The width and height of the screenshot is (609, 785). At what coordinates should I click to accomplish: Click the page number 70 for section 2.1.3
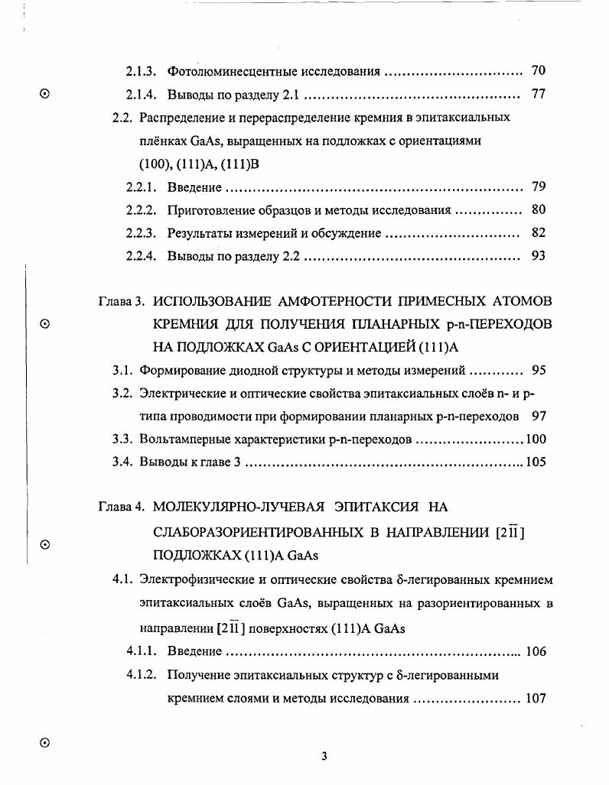point(538,72)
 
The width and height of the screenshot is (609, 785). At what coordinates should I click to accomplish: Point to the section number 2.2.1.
point(142,187)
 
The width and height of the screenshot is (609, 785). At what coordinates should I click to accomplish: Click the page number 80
point(538,210)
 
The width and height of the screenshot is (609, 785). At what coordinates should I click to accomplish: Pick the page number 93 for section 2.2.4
point(538,256)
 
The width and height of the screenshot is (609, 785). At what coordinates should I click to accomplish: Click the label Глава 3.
point(122,301)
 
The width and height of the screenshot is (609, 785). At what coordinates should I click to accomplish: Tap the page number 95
point(539,370)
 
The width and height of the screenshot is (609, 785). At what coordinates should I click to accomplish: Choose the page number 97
point(539,416)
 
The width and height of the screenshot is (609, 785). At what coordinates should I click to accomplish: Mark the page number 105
point(536,462)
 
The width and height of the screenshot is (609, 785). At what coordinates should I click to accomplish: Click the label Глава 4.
point(122,507)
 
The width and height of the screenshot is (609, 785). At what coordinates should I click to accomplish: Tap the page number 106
point(536,652)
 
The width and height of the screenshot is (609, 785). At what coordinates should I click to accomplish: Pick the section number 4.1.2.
point(142,676)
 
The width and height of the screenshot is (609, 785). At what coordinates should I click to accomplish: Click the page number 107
point(536,699)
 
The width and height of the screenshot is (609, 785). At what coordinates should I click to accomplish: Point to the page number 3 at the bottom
point(324,757)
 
